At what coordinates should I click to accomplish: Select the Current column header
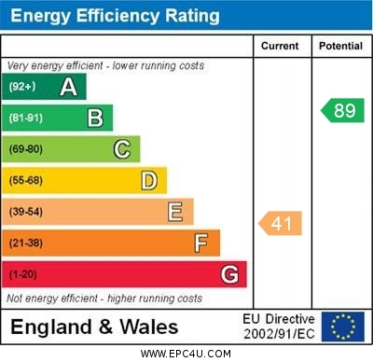280,46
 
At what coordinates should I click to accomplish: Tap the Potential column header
339,46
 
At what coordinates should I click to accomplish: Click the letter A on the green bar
68,87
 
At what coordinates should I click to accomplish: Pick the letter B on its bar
95,118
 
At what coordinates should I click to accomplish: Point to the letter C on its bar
122,149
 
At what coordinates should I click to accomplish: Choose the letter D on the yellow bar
149,180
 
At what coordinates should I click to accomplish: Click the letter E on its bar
175,212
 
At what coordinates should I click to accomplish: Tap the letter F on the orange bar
201,244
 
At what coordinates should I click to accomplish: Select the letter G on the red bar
229,274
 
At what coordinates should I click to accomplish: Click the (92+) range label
21,87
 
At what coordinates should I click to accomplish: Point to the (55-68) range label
26,180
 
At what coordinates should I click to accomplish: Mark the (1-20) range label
23,274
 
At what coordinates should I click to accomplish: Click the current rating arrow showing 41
281,223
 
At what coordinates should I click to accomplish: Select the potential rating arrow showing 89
342,110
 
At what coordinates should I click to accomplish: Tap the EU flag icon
343,327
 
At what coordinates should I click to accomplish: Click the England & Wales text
94,327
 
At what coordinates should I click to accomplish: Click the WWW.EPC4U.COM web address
186,354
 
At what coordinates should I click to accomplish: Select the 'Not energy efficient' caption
104,299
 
